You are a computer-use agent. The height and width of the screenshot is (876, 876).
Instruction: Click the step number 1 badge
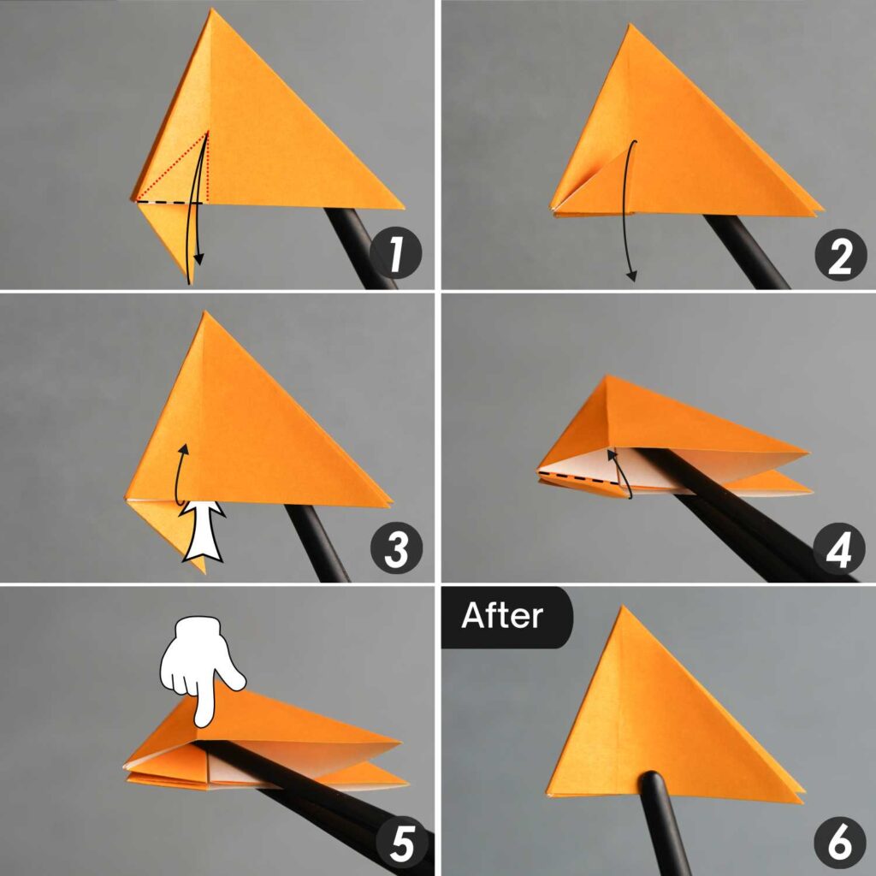[x=395, y=254]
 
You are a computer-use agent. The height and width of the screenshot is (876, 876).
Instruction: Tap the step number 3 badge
[x=396, y=549]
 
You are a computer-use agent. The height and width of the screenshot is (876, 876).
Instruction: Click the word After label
[x=502, y=616]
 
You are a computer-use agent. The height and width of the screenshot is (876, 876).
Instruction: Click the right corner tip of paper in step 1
[x=400, y=206]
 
